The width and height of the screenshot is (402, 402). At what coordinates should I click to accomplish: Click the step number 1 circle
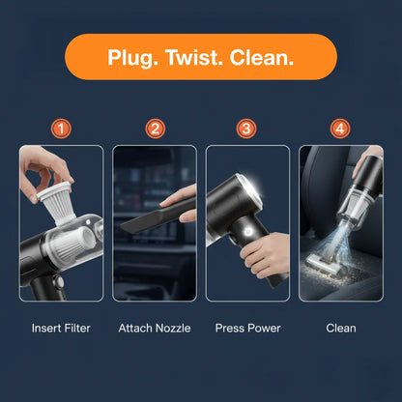[60, 129]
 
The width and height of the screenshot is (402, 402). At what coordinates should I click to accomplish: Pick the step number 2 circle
[155, 129]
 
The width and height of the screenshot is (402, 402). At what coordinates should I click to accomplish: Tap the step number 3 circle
[247, 129]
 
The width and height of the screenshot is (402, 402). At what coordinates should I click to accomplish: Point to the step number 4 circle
[340, 129]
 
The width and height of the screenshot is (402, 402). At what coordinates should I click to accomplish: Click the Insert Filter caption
[60, 329]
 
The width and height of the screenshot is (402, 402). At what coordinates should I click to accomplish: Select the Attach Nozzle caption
[155, 329]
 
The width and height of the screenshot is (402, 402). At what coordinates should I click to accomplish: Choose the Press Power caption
[247, 329]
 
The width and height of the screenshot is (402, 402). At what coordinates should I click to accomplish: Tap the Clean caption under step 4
[340, 329]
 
